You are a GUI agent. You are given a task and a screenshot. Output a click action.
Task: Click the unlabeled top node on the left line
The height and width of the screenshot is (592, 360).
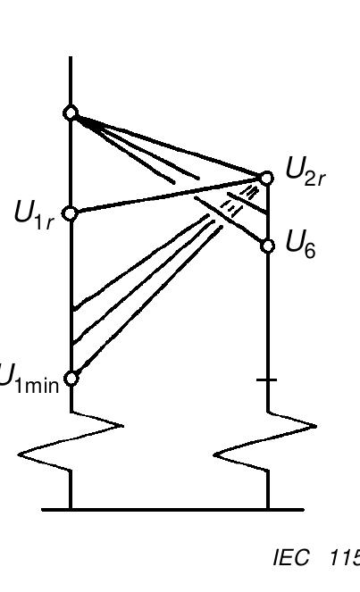coord(71,113)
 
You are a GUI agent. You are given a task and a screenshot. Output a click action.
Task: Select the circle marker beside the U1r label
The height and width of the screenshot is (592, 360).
coord(71,213)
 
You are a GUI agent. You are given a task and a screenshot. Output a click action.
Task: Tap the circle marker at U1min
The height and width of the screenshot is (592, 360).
coord(71,377)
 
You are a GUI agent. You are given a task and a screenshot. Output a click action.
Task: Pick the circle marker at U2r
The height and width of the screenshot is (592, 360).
coord(266,177)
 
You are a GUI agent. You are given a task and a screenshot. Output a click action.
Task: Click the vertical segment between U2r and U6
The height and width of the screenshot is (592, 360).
coord(268,212)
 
